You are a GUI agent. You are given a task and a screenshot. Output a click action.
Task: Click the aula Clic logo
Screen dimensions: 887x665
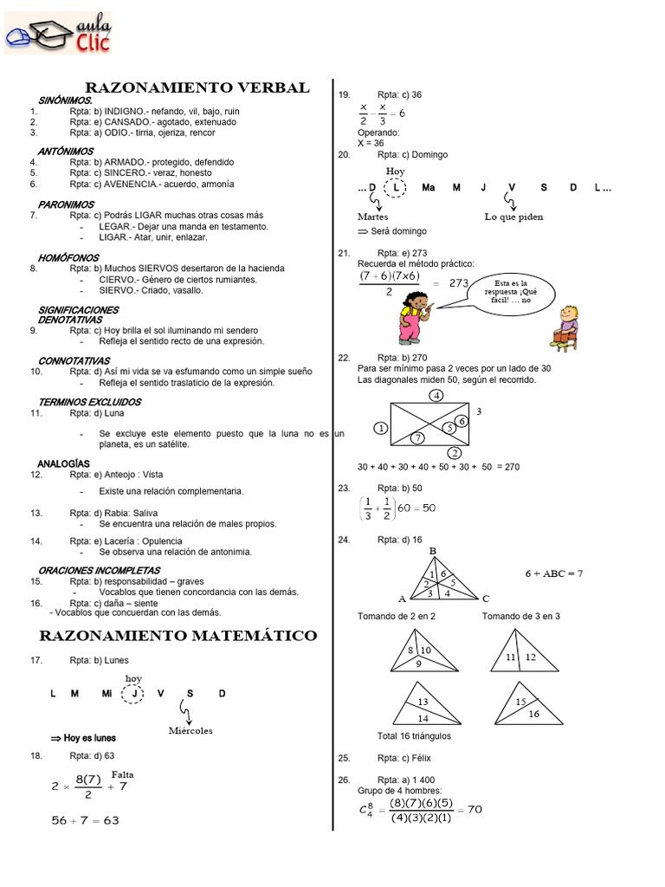[58, 34]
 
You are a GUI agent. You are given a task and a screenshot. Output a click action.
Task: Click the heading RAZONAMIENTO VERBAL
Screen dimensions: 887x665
[197, 87]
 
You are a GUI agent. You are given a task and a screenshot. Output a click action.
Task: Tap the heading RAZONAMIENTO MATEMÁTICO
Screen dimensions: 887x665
[178, 636]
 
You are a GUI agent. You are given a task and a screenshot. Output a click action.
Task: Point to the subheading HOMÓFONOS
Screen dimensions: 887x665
[68, 258]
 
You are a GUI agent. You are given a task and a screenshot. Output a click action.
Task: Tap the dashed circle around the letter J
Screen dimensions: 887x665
[133, 693]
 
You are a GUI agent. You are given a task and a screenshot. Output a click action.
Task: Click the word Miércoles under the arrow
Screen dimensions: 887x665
[190, 730]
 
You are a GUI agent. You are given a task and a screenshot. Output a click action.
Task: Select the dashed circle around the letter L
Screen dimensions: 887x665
[395, 188]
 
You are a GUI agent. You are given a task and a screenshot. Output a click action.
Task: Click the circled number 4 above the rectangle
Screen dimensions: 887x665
[437, 396]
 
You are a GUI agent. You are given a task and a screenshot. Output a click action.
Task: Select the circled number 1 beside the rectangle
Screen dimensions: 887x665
[379, 428]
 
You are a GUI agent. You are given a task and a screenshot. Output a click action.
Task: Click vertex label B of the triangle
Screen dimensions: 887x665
[433, 551]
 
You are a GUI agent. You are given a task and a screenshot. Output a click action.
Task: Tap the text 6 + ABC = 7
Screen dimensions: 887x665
[553, 573]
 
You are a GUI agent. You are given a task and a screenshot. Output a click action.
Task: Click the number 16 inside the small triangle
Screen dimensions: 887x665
[533, 714]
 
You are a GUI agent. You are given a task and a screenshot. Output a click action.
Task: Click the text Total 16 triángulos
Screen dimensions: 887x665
[414, 736]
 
